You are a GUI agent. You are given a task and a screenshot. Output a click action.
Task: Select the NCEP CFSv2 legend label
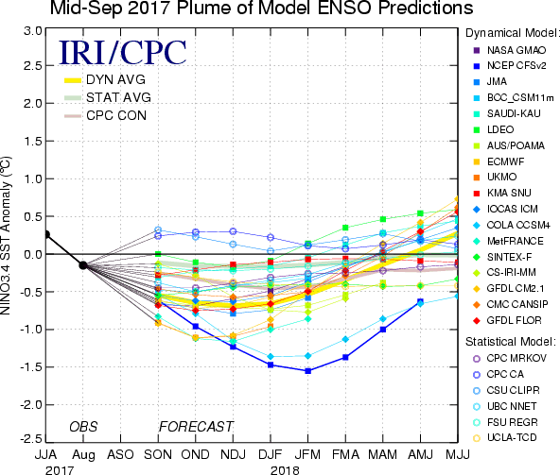(516, 66)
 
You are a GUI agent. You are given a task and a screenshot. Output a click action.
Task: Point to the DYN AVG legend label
(115, 79)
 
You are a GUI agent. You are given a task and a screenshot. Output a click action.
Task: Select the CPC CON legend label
(116, 115)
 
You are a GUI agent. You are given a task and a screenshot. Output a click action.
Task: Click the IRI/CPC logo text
(123, 53)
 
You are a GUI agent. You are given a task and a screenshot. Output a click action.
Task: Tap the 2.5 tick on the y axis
(33, 65)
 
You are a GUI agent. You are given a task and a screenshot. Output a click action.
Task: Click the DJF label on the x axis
(271, 454)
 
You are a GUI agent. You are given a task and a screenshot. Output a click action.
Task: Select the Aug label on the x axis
(83, 455)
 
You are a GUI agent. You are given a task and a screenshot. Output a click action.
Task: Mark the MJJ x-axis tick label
(458, 454)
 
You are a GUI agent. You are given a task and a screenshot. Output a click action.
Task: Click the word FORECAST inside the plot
(196, 427)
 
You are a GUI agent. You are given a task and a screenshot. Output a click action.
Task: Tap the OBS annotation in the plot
(83, 427)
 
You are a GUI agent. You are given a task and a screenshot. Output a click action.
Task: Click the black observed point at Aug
(83, 265)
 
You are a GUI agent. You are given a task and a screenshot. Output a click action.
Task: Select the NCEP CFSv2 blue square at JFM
(307, 371)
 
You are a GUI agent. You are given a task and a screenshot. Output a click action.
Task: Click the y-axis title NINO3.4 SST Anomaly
(6, 235)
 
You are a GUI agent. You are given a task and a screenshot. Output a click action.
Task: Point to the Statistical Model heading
(511, 342)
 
